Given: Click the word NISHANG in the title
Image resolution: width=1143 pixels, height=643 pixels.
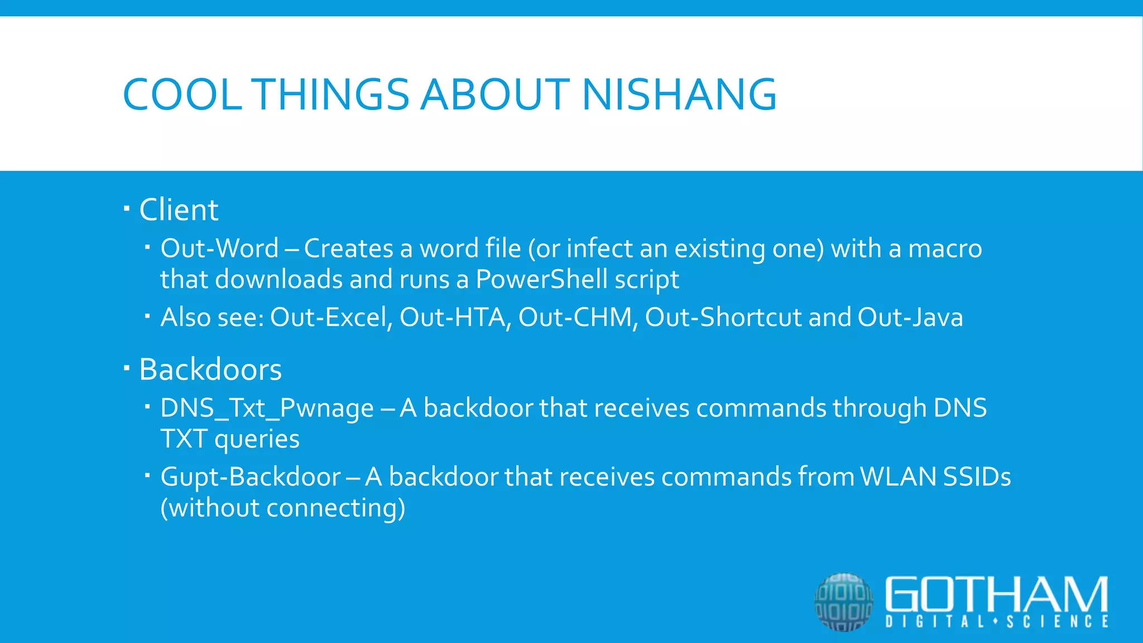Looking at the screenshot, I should click(679, 94).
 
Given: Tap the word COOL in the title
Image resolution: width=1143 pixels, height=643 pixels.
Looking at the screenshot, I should click(182, 94).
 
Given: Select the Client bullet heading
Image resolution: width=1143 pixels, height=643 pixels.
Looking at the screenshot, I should click(179, 210).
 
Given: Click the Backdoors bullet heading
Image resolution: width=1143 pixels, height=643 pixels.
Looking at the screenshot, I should click(210, 370).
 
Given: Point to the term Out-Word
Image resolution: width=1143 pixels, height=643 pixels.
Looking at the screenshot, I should click(219, 248).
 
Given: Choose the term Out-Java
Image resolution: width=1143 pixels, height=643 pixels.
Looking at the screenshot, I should click(910, 317).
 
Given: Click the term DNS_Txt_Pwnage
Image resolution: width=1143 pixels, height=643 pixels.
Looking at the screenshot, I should click(267, 408).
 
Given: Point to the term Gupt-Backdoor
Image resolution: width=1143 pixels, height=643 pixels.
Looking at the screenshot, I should click(251, 477).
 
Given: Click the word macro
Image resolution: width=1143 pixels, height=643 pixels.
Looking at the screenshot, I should click(945, 248).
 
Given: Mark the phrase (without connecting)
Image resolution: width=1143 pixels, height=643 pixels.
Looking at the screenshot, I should click(283, 508).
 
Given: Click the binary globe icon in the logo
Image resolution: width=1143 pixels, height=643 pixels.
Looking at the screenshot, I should click(843, 602).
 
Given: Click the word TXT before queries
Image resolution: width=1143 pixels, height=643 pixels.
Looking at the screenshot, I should click(184, 439).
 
